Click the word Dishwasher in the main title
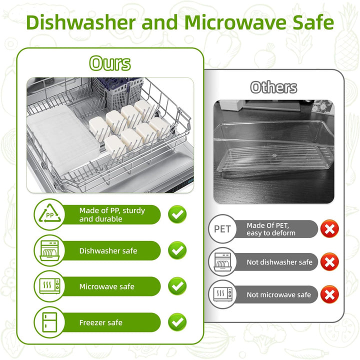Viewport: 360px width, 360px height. click(81, 22)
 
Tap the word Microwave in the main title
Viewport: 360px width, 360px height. click(236, 22)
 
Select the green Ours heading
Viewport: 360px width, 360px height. click(110, 63)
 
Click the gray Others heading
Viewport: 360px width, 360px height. click(273, 87)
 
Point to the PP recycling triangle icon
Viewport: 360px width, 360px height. click(49, 214)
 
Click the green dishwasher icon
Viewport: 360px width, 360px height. click(49, 250)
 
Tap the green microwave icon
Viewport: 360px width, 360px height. click(49, 286)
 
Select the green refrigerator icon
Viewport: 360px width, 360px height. click(49, 322)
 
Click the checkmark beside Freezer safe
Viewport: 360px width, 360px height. click(177, 322)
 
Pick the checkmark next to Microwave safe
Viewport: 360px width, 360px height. click(177, 286)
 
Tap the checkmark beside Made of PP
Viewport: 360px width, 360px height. click(177, 214)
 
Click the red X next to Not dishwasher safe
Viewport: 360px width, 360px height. click(329, 261)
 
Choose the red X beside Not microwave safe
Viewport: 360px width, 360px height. click(329, 294)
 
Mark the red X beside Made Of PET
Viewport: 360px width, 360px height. click(329, 229)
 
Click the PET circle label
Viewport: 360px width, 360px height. click(222, 229)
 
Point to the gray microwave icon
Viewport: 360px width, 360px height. click(222, 294)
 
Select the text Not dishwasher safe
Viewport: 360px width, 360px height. click(279, 262)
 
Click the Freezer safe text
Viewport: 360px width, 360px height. click(101, 322)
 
